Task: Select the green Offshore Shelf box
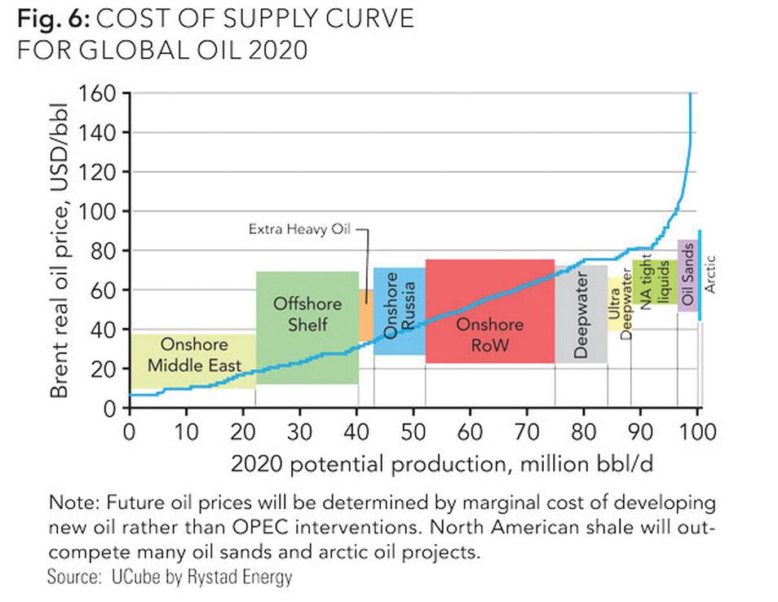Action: coord(307,326)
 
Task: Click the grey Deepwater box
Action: coord(581,315)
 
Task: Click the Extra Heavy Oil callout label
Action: coord(298,230)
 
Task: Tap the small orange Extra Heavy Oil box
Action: coord(366,315)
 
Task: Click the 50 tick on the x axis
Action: coord(413,430)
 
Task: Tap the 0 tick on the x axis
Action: coord(129,430)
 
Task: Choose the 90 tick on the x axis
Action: coord(641,430)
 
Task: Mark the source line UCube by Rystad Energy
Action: coord(170,578)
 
